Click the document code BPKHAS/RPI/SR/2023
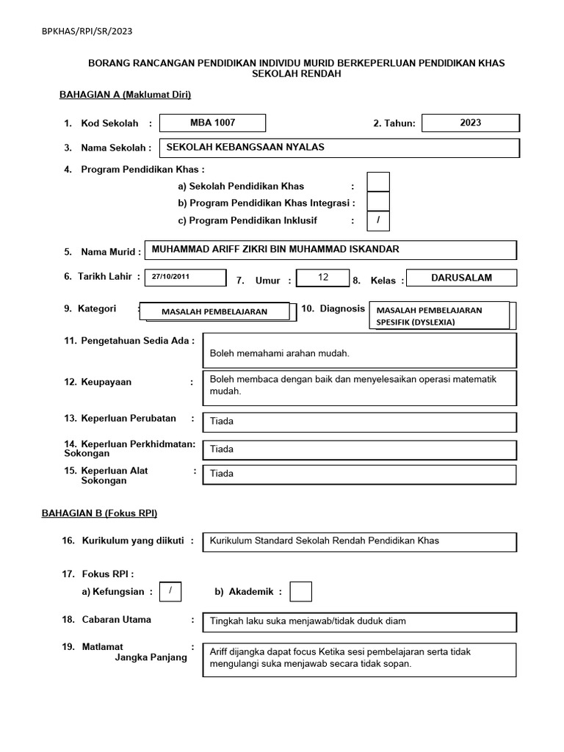pos(87,32)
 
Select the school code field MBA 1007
pos(213,123)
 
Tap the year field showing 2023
pos(471,123)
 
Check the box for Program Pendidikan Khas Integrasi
pos(378,202)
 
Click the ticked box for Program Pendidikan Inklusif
pos(378,220)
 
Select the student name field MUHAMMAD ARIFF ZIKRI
pos(330,250)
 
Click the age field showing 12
pos(323,278)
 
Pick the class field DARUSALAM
pos(462,278)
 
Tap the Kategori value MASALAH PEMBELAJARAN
pos(214,312)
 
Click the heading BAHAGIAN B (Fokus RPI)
pos(99,513)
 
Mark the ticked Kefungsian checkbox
pos(170,591)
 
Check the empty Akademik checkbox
pos(301,591)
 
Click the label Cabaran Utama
pos(116,620)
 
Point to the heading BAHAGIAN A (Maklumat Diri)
pos(125,94)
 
